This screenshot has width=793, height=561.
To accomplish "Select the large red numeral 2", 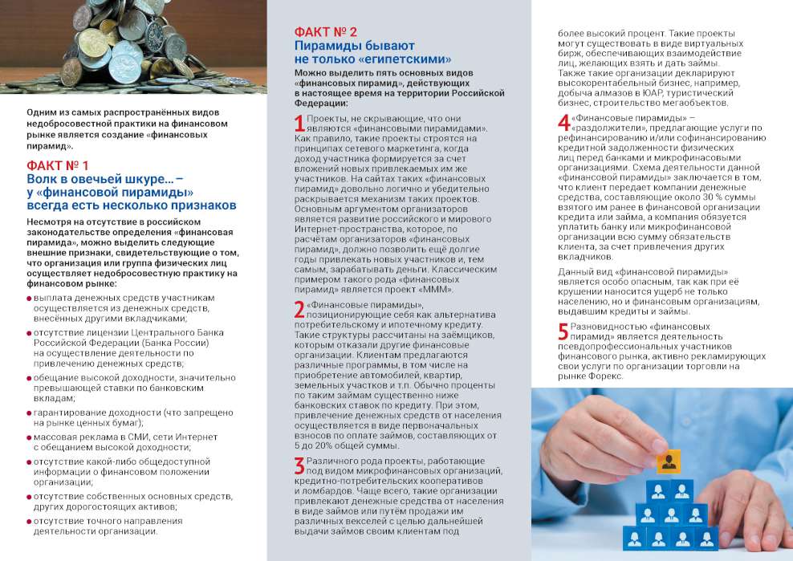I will click(299, 311).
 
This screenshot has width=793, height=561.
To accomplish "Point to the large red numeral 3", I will click(299, 465).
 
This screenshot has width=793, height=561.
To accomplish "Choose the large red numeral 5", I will click(563, 331).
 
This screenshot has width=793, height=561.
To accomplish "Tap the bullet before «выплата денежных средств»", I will click(30, 298).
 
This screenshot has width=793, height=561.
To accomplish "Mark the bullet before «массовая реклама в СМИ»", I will click(30, 437).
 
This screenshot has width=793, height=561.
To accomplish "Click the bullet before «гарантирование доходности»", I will click(30, 413).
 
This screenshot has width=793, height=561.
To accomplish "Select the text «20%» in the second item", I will click(324, 445).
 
